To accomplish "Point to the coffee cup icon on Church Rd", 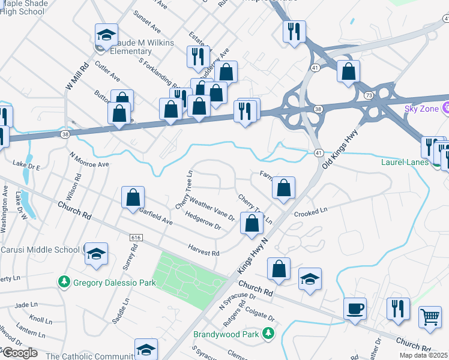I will (355, 308).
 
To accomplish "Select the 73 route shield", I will (367, 96).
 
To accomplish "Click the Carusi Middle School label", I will (40, 250).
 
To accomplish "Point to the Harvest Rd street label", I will (203, 250).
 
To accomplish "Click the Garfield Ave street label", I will (155, 214).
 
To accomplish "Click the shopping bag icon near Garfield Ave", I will (133, 197).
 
